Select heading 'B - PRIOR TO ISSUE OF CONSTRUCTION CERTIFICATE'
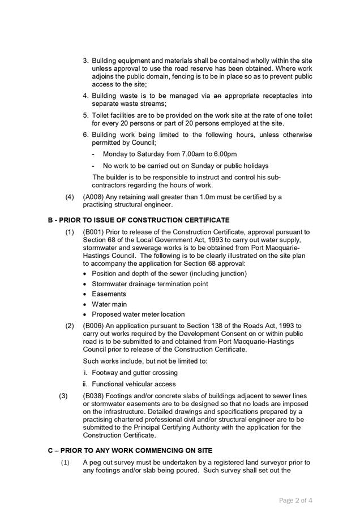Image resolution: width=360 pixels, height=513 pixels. [139, 219]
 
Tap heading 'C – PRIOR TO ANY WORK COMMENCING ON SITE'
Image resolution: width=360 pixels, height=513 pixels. [130, 450]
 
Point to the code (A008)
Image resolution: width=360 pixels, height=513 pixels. [95, 197]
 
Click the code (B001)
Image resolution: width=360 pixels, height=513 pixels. [95, 232]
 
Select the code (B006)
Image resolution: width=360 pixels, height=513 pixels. [95, 326]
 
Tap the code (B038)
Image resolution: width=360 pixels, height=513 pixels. [95, 396]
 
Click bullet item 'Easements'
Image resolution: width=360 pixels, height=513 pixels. [109, 294]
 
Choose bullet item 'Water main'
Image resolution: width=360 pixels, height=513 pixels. [109, 304]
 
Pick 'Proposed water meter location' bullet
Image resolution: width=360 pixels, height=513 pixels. [138, 314]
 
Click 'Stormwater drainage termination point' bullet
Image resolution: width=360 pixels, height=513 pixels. [149, 284]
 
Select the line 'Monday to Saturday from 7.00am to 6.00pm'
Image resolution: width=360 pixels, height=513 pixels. [170, 154]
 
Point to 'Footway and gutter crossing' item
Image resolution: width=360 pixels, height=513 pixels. [135, 373]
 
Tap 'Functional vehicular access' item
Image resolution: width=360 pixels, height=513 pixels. [134, 384]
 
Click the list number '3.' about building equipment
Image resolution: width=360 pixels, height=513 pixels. [86, 61]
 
